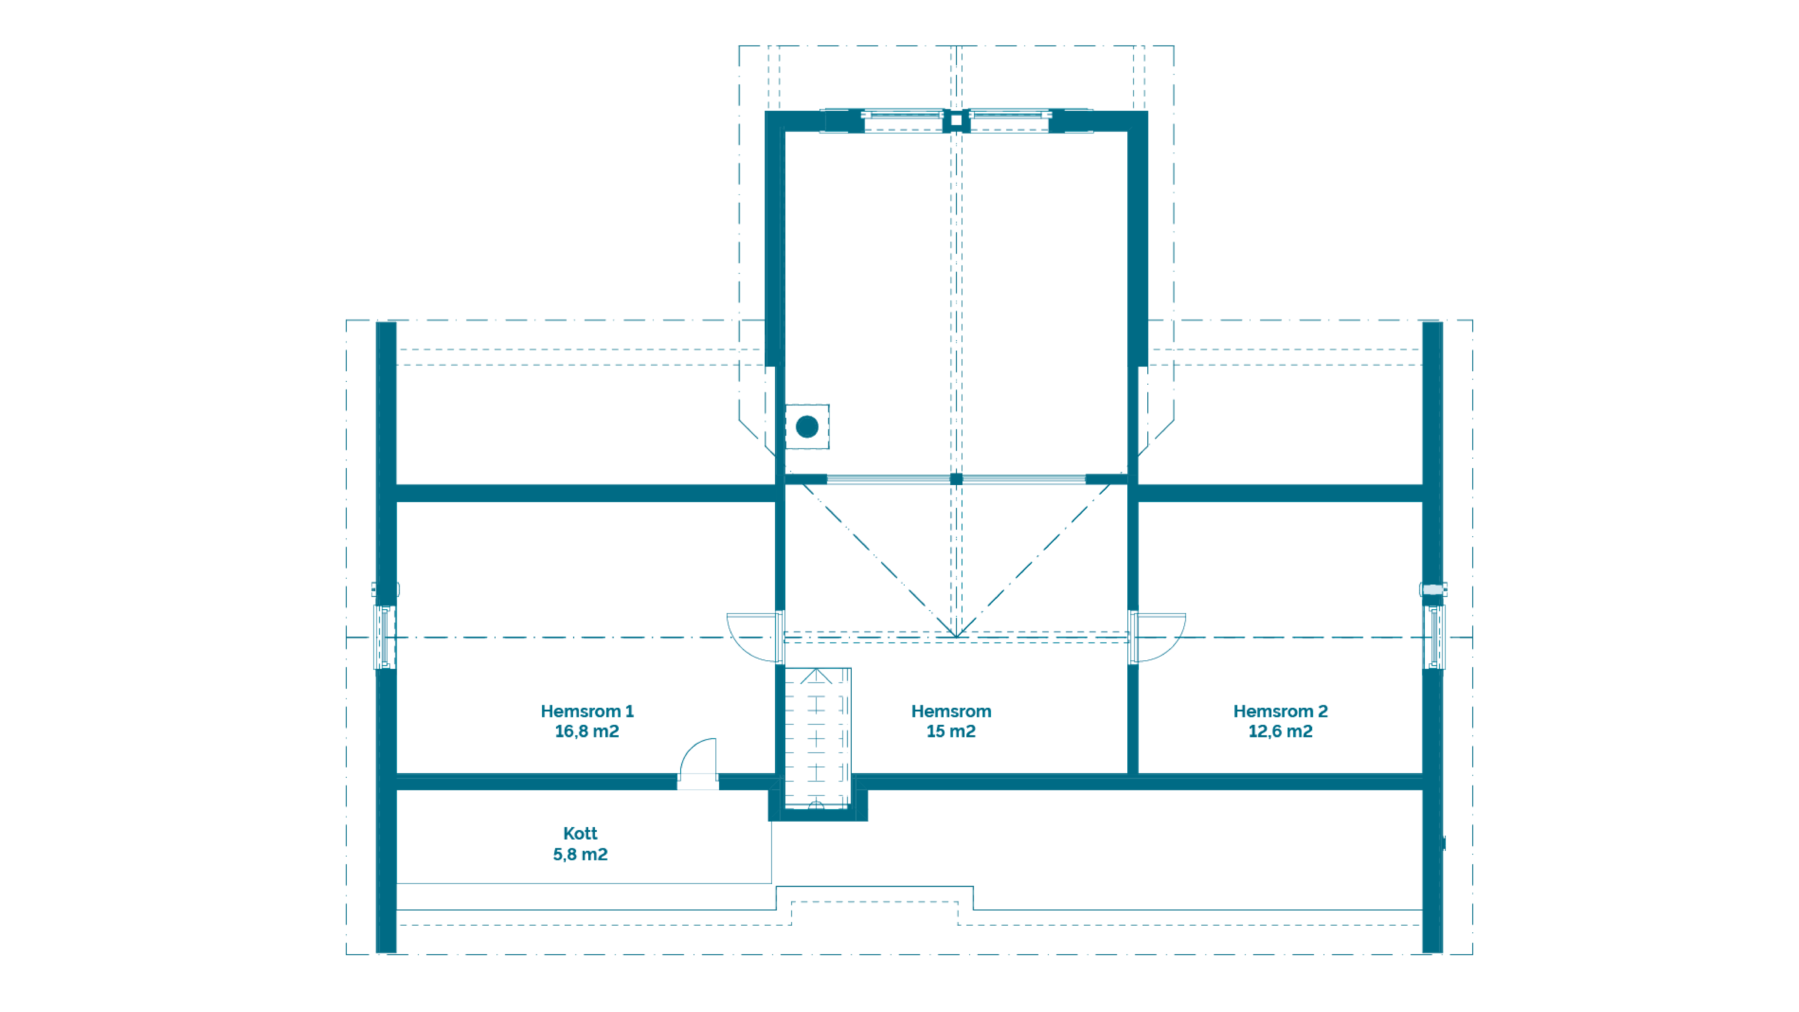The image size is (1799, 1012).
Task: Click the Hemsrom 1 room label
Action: tap(586, 711)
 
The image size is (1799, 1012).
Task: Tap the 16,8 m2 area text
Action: tap(586, 731)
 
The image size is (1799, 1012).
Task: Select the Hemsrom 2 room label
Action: tap(1280, 711)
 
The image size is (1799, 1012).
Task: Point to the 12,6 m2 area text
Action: tap(1280, 731)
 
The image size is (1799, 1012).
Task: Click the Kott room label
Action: tap(580, 833)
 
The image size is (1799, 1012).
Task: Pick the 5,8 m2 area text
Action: tap(580, 854)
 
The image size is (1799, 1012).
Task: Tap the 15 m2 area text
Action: tap(951, 731)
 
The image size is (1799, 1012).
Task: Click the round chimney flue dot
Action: tap(807, 426)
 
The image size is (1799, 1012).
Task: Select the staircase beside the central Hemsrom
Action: tap(817, 738)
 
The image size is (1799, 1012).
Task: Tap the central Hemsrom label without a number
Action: tap(951, 711)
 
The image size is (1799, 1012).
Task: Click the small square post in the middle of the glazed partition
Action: tap(956, 478)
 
